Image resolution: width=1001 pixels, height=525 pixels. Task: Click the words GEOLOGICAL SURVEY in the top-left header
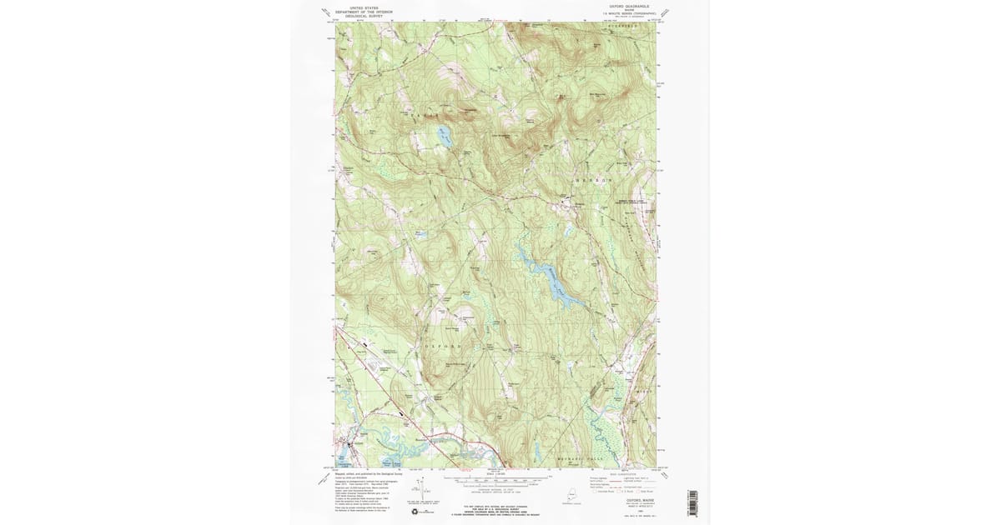pos(364,16)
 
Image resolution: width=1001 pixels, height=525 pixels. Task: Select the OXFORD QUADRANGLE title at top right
pos(628,7)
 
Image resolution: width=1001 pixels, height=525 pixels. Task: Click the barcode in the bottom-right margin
pos(692,505)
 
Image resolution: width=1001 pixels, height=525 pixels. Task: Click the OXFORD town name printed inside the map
pos(442,346)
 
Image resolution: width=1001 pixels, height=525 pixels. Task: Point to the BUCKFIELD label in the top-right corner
pos(622,27)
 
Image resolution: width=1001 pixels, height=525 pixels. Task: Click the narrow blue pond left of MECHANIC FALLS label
pos(534,453)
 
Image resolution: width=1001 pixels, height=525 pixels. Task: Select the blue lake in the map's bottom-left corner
pos(344,460)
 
